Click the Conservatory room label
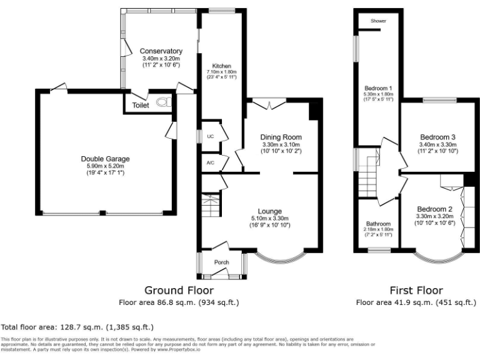point(161,51)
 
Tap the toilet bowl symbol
point(164,103)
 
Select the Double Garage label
point(106,159)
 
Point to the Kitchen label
point(222,66)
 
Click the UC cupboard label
point(211,136)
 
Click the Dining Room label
point(281,137)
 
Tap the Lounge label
point(269,211)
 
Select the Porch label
point(221,262)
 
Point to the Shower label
point(378,21)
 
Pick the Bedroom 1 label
point(378,88)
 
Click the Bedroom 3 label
point(437,137)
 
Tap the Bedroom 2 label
point(434,209)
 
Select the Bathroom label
point(378,224)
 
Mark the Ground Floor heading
point(179,291)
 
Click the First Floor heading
point(416,291)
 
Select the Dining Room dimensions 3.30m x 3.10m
point(281,145)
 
